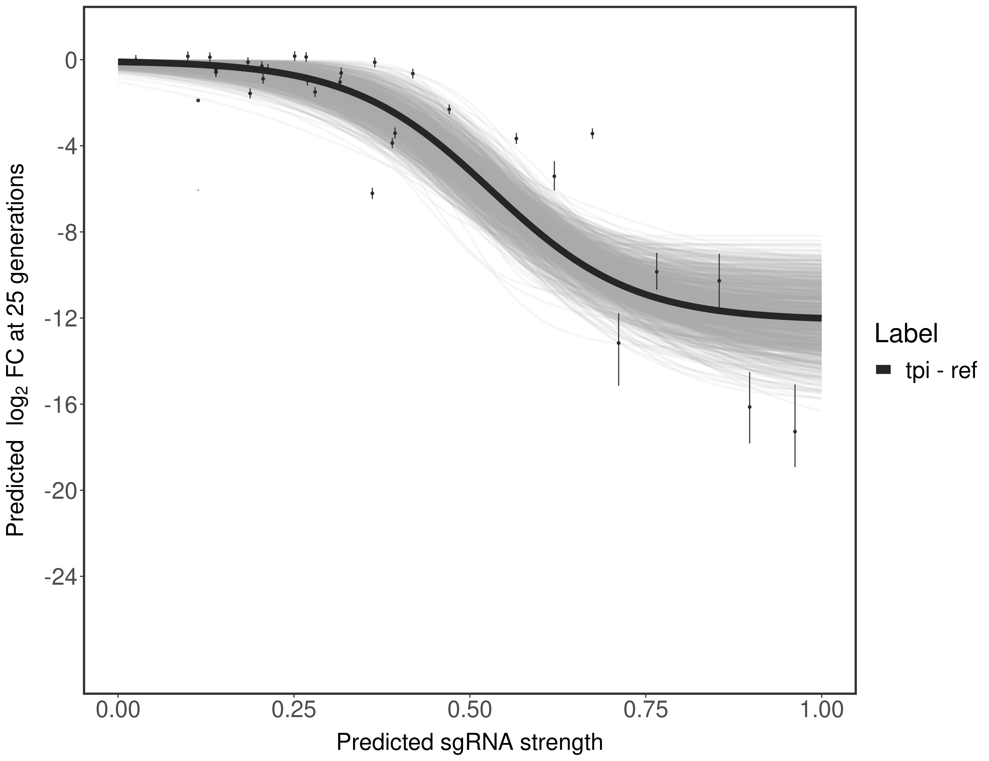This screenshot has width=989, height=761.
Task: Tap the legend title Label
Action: tap(906, 334)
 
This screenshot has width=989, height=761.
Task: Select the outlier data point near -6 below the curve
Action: tap(372, 193)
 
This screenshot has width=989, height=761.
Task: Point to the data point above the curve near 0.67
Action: tap(592, 133)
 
